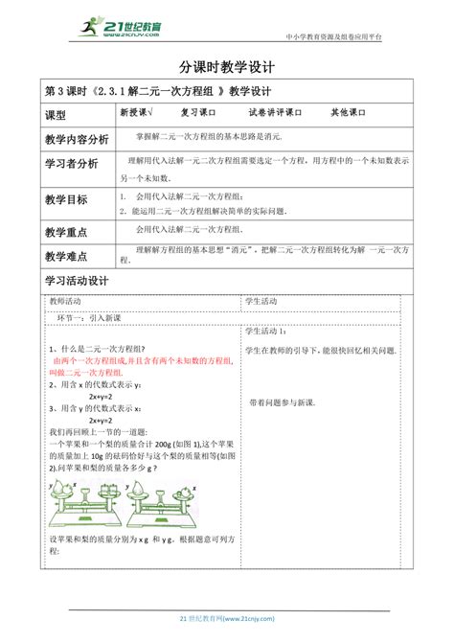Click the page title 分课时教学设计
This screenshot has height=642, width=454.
pos(227,68)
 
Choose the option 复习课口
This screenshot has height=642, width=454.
pos(201,112)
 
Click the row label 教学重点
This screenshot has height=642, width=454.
pos(66,232)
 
